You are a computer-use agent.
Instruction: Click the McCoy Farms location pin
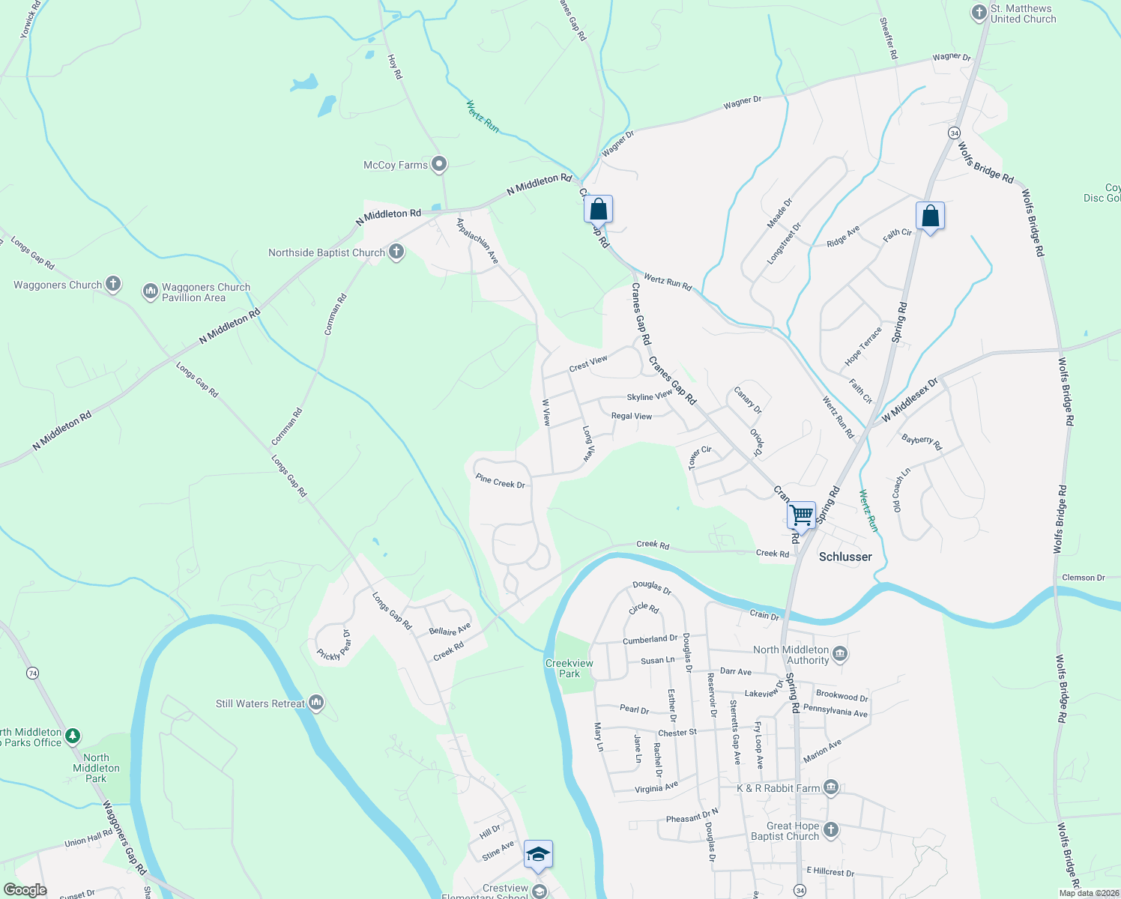pos(440,164)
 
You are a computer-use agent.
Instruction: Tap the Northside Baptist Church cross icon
pos(396,252)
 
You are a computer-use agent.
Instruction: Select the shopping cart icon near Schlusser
pos(801,515)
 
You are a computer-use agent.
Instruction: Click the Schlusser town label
pos(845,557)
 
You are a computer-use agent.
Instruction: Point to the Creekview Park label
pos(569,668)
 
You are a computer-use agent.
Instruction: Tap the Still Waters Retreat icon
pos(316,703)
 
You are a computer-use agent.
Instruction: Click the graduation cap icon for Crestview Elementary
pos(538,854)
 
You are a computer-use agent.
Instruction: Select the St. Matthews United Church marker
pos(979,13)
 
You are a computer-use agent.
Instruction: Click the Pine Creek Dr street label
pos(500,481)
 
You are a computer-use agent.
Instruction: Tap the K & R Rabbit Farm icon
pos(830,787)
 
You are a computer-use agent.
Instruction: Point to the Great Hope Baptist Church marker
pos(830,829)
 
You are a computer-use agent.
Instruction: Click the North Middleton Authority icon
pos(840,654)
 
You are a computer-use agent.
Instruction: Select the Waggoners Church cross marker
pos(112,284)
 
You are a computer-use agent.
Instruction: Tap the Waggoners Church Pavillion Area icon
pos(150,291)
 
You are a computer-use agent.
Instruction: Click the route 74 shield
pos(32,673)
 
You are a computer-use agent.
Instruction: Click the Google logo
pos(25,890)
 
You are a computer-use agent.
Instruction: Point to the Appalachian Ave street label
pos(478,240)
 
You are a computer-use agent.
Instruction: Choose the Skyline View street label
pos(650,396)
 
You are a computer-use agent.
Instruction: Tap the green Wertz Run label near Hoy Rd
pos(483,116)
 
